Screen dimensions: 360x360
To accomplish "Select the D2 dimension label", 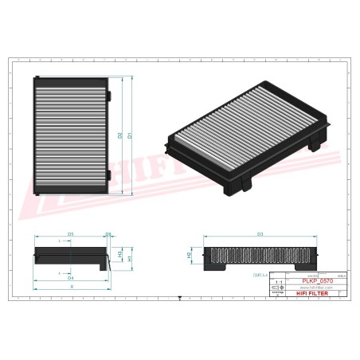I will click(x=120, y=135).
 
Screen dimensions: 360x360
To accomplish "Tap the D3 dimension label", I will click(x=260, y=234).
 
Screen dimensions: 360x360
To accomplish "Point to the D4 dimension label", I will click(x=70, y=278).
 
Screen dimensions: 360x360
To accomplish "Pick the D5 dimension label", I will click(x=70, y=233).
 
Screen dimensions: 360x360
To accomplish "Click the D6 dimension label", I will click(x=109, y=233).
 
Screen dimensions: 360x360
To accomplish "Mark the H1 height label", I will click(x=130, y=259).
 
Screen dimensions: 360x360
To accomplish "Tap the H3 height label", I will click(x=119, y=254).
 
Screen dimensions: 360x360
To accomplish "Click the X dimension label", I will click(x=72, y=286).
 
